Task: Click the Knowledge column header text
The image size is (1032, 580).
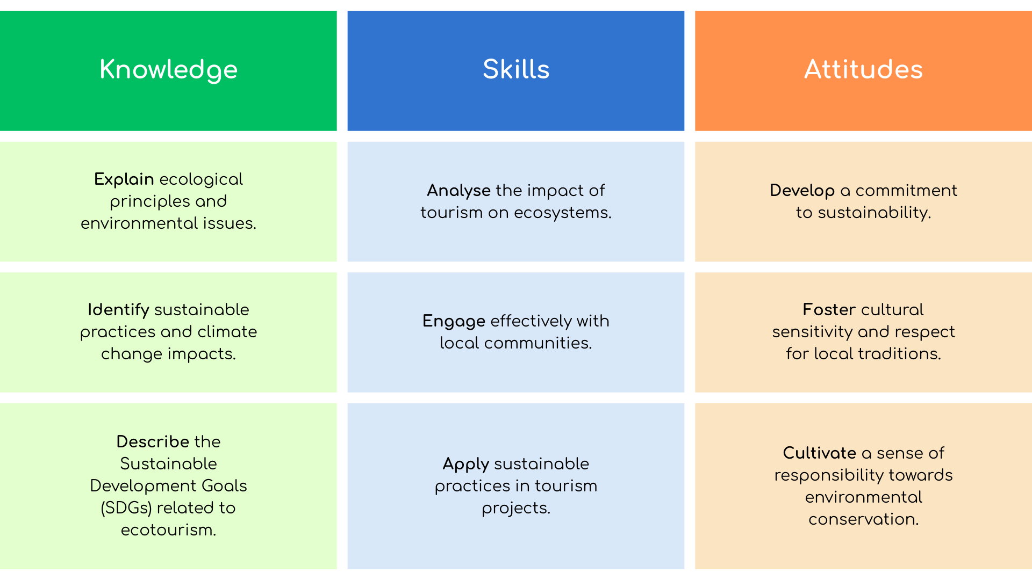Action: tap(168, 70)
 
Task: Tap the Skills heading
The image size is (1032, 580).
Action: tap(516, 69)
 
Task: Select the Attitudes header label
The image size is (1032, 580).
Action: tap(863, 69)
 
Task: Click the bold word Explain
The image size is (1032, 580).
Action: tap(124, 179)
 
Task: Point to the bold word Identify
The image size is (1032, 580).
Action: tap(118, 310)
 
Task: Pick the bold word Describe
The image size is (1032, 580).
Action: tap(153, 441)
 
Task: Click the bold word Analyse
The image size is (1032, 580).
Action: tap(458, 191)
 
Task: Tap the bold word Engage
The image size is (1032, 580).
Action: tap(454, 321)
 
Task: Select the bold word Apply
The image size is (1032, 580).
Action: tap(465, 464)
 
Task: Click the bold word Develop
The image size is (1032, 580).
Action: tap(802, 191)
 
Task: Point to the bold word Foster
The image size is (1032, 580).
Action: tap(829, 310)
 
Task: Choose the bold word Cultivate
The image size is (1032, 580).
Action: tap(819, 453)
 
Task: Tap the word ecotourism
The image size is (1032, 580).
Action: tap(168, 530)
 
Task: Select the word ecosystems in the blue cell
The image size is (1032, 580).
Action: tap(563, 213)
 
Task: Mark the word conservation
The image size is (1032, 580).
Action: tap(863, 519)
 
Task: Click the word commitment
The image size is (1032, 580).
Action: tap(906, 191)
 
